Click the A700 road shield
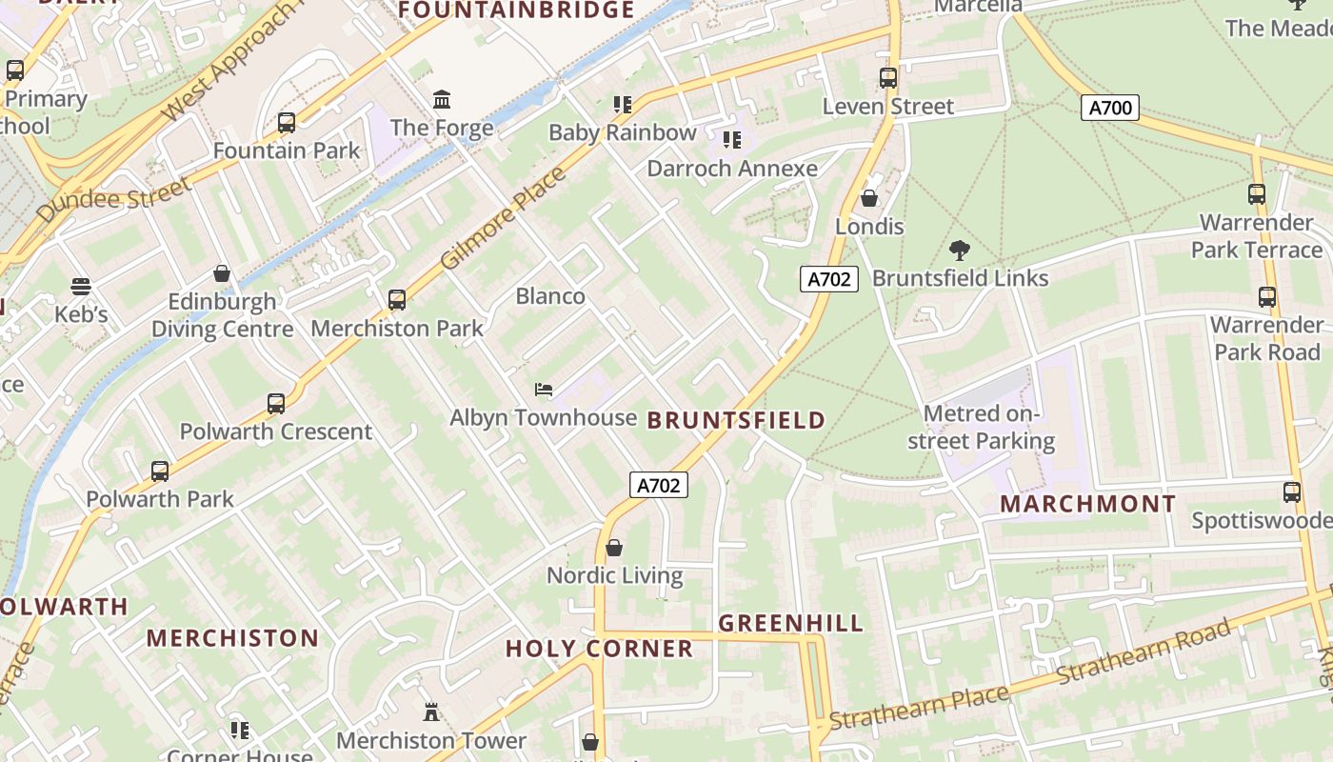click(x=1110, y=108)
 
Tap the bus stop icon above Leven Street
click(x=888, y=78)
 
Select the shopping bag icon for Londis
click(x=868, y=198)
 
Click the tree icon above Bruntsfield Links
click(x=960, y=251)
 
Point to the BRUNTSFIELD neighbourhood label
click(x=736, y=420)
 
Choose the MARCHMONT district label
click(x=1087, y=504)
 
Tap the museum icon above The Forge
click(x=442, y=100)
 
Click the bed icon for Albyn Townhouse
click(x=543, y=390)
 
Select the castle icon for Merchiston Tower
click(x=431, y=712)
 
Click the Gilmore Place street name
click(x=504, y=218)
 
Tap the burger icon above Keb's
click(x=81, y=287)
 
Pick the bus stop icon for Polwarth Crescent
click(x=276, y=403)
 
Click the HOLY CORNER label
click(x=599, y=649)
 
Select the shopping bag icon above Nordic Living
click(x=614, y=548)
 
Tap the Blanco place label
click(x=550, y=296)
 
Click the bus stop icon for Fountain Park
click(x=287, y=123)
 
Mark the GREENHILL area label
click(x=790, y=624)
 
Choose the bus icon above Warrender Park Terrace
click(x=1257, y=194)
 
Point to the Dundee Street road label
click(x=114, y=199)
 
